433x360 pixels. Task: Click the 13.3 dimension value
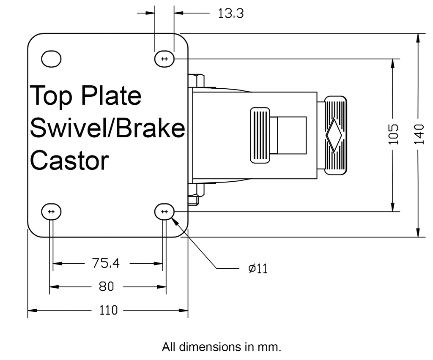coord(230,14)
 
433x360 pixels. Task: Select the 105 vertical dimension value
coord(394,134)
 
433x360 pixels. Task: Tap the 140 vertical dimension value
coord(419,134)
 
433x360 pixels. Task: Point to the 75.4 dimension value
coord(106,264)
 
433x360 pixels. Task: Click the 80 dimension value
coord(106,287)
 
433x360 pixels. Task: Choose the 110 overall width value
coord(108,311)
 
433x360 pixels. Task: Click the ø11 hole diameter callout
coord(258,268)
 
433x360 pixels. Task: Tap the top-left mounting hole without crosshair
coord(52,59)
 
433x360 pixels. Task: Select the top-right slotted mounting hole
coord(164,59)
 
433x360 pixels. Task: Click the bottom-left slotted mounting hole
coord(51,211)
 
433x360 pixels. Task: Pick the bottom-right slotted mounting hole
coord(164,211)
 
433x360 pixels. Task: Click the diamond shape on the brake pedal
coord(334,135)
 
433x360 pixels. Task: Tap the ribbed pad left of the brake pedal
coord(260,135)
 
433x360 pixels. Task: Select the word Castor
coord(69,161)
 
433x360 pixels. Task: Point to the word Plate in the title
coord(111,95)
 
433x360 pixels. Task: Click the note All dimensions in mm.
coord(221,347)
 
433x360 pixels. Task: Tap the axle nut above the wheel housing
coord(197,80)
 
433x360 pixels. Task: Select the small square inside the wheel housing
coord(288,135)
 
